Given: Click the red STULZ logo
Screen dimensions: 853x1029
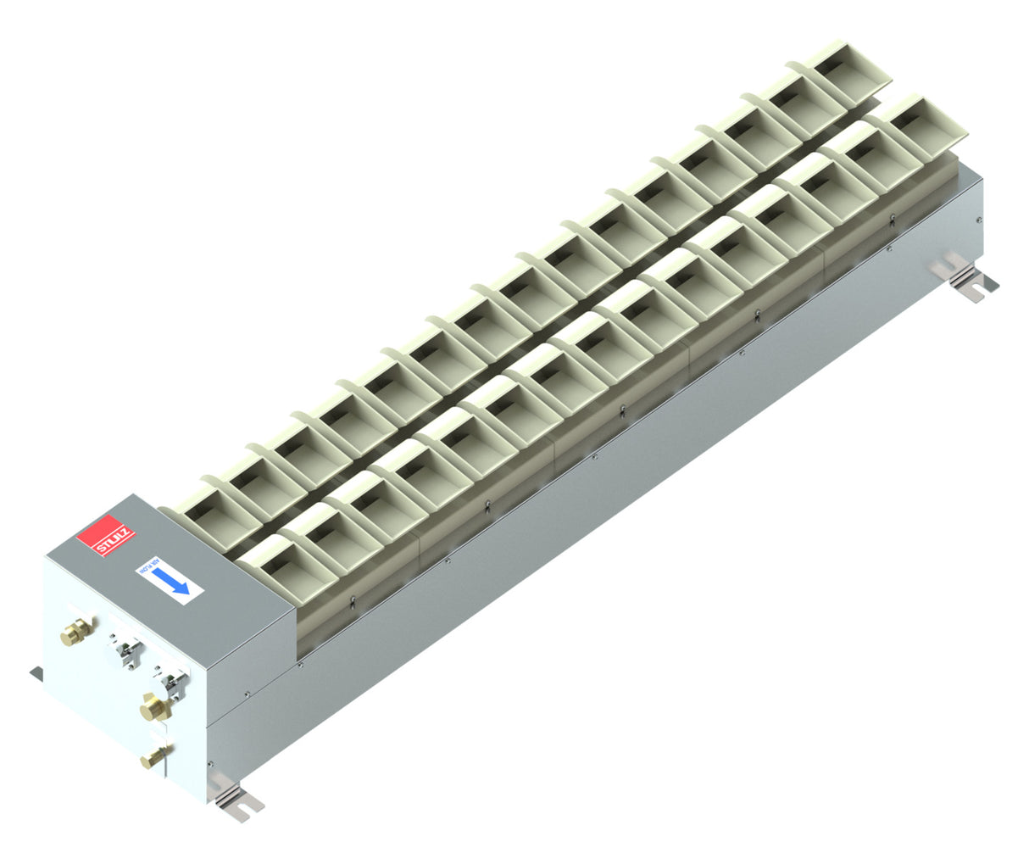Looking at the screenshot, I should click(x=106, y=536).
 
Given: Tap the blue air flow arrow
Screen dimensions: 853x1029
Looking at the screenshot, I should click(x=174, y=581).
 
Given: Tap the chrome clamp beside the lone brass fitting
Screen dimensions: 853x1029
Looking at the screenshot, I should click(x=127, y=652).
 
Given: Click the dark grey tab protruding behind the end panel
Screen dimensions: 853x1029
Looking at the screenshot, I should click(x=36, y=673).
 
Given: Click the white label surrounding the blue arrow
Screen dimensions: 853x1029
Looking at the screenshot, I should click(x=169, y=579).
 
